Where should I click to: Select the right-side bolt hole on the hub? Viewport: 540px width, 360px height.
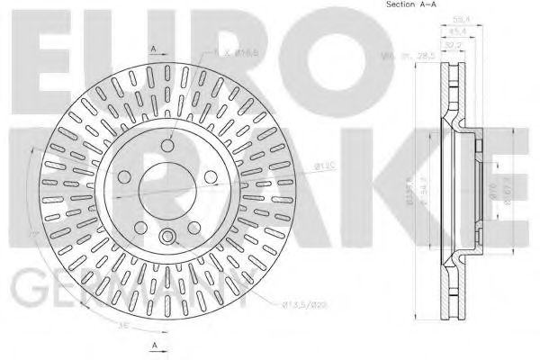pyautogui.click(x=211, y=175)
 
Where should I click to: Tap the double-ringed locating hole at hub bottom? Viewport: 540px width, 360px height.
pyautogui.click(x=167, y=237)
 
